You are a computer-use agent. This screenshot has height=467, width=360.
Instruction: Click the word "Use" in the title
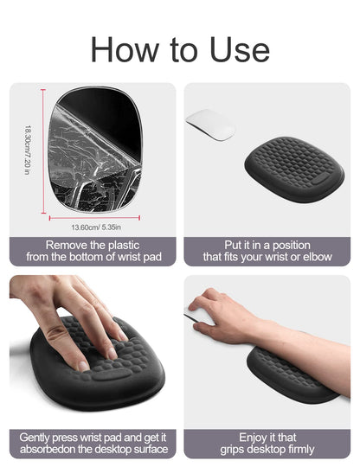[x=240, y=49]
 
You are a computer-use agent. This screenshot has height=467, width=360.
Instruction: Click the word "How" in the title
[x=125, y=49]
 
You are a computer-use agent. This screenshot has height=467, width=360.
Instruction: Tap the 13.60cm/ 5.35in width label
[x=96, y=227]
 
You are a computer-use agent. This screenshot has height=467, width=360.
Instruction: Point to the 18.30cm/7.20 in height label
[x=28, y=150]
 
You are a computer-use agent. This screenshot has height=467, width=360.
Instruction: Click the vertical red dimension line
[x=43, y=151]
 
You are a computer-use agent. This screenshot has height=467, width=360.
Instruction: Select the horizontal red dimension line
[x=94, y=218]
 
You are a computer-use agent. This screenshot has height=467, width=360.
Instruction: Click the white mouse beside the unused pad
[x=210, y=125]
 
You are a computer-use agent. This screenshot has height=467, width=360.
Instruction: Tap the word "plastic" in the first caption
[x=124, y=245]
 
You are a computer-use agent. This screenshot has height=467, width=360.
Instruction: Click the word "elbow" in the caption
[x=318, y=257]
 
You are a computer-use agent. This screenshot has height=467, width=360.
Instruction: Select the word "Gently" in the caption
[x=35, y=438]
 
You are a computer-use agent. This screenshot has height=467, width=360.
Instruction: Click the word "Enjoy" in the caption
[x=253, y=438]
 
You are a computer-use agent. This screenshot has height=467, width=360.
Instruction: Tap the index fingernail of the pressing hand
[x=83, y=367]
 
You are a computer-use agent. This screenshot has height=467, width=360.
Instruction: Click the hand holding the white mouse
[x=227, y=316]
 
